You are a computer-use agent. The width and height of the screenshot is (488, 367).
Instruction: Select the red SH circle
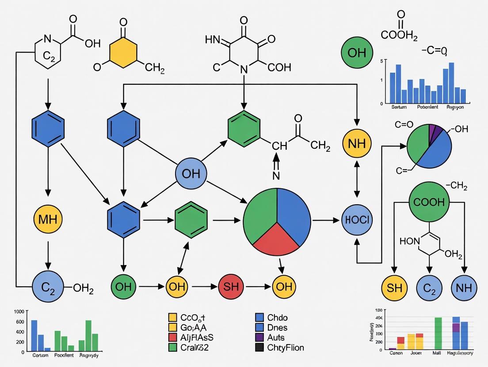click(231, 287)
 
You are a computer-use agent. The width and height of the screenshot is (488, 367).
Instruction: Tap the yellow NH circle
click(357, 144)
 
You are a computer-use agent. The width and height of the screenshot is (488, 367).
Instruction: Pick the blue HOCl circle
click(357, 219)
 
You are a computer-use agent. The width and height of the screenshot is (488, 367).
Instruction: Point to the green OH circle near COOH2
click(357, 52)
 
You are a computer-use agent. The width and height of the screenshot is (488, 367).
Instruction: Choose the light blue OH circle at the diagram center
click(191, 173)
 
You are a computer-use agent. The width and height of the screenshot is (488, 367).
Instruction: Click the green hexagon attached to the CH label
click(244, 131)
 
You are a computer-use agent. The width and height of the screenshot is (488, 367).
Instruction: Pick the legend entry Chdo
click(277, 318)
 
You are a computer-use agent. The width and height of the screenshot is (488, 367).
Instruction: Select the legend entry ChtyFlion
click(286, 348)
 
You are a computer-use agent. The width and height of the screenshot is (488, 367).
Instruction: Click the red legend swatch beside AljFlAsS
click(173, 337)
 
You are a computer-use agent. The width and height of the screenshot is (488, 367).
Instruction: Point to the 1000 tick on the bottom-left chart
click(19, 311)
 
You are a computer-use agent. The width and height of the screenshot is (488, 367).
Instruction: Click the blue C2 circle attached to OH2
click(48, 287)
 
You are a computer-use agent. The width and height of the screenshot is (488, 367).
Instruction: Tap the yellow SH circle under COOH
click(394, 288)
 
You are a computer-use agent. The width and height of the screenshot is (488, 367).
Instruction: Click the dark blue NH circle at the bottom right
click(464, 288)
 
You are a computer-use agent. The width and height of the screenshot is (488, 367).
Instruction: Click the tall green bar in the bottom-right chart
click(438, 333)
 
